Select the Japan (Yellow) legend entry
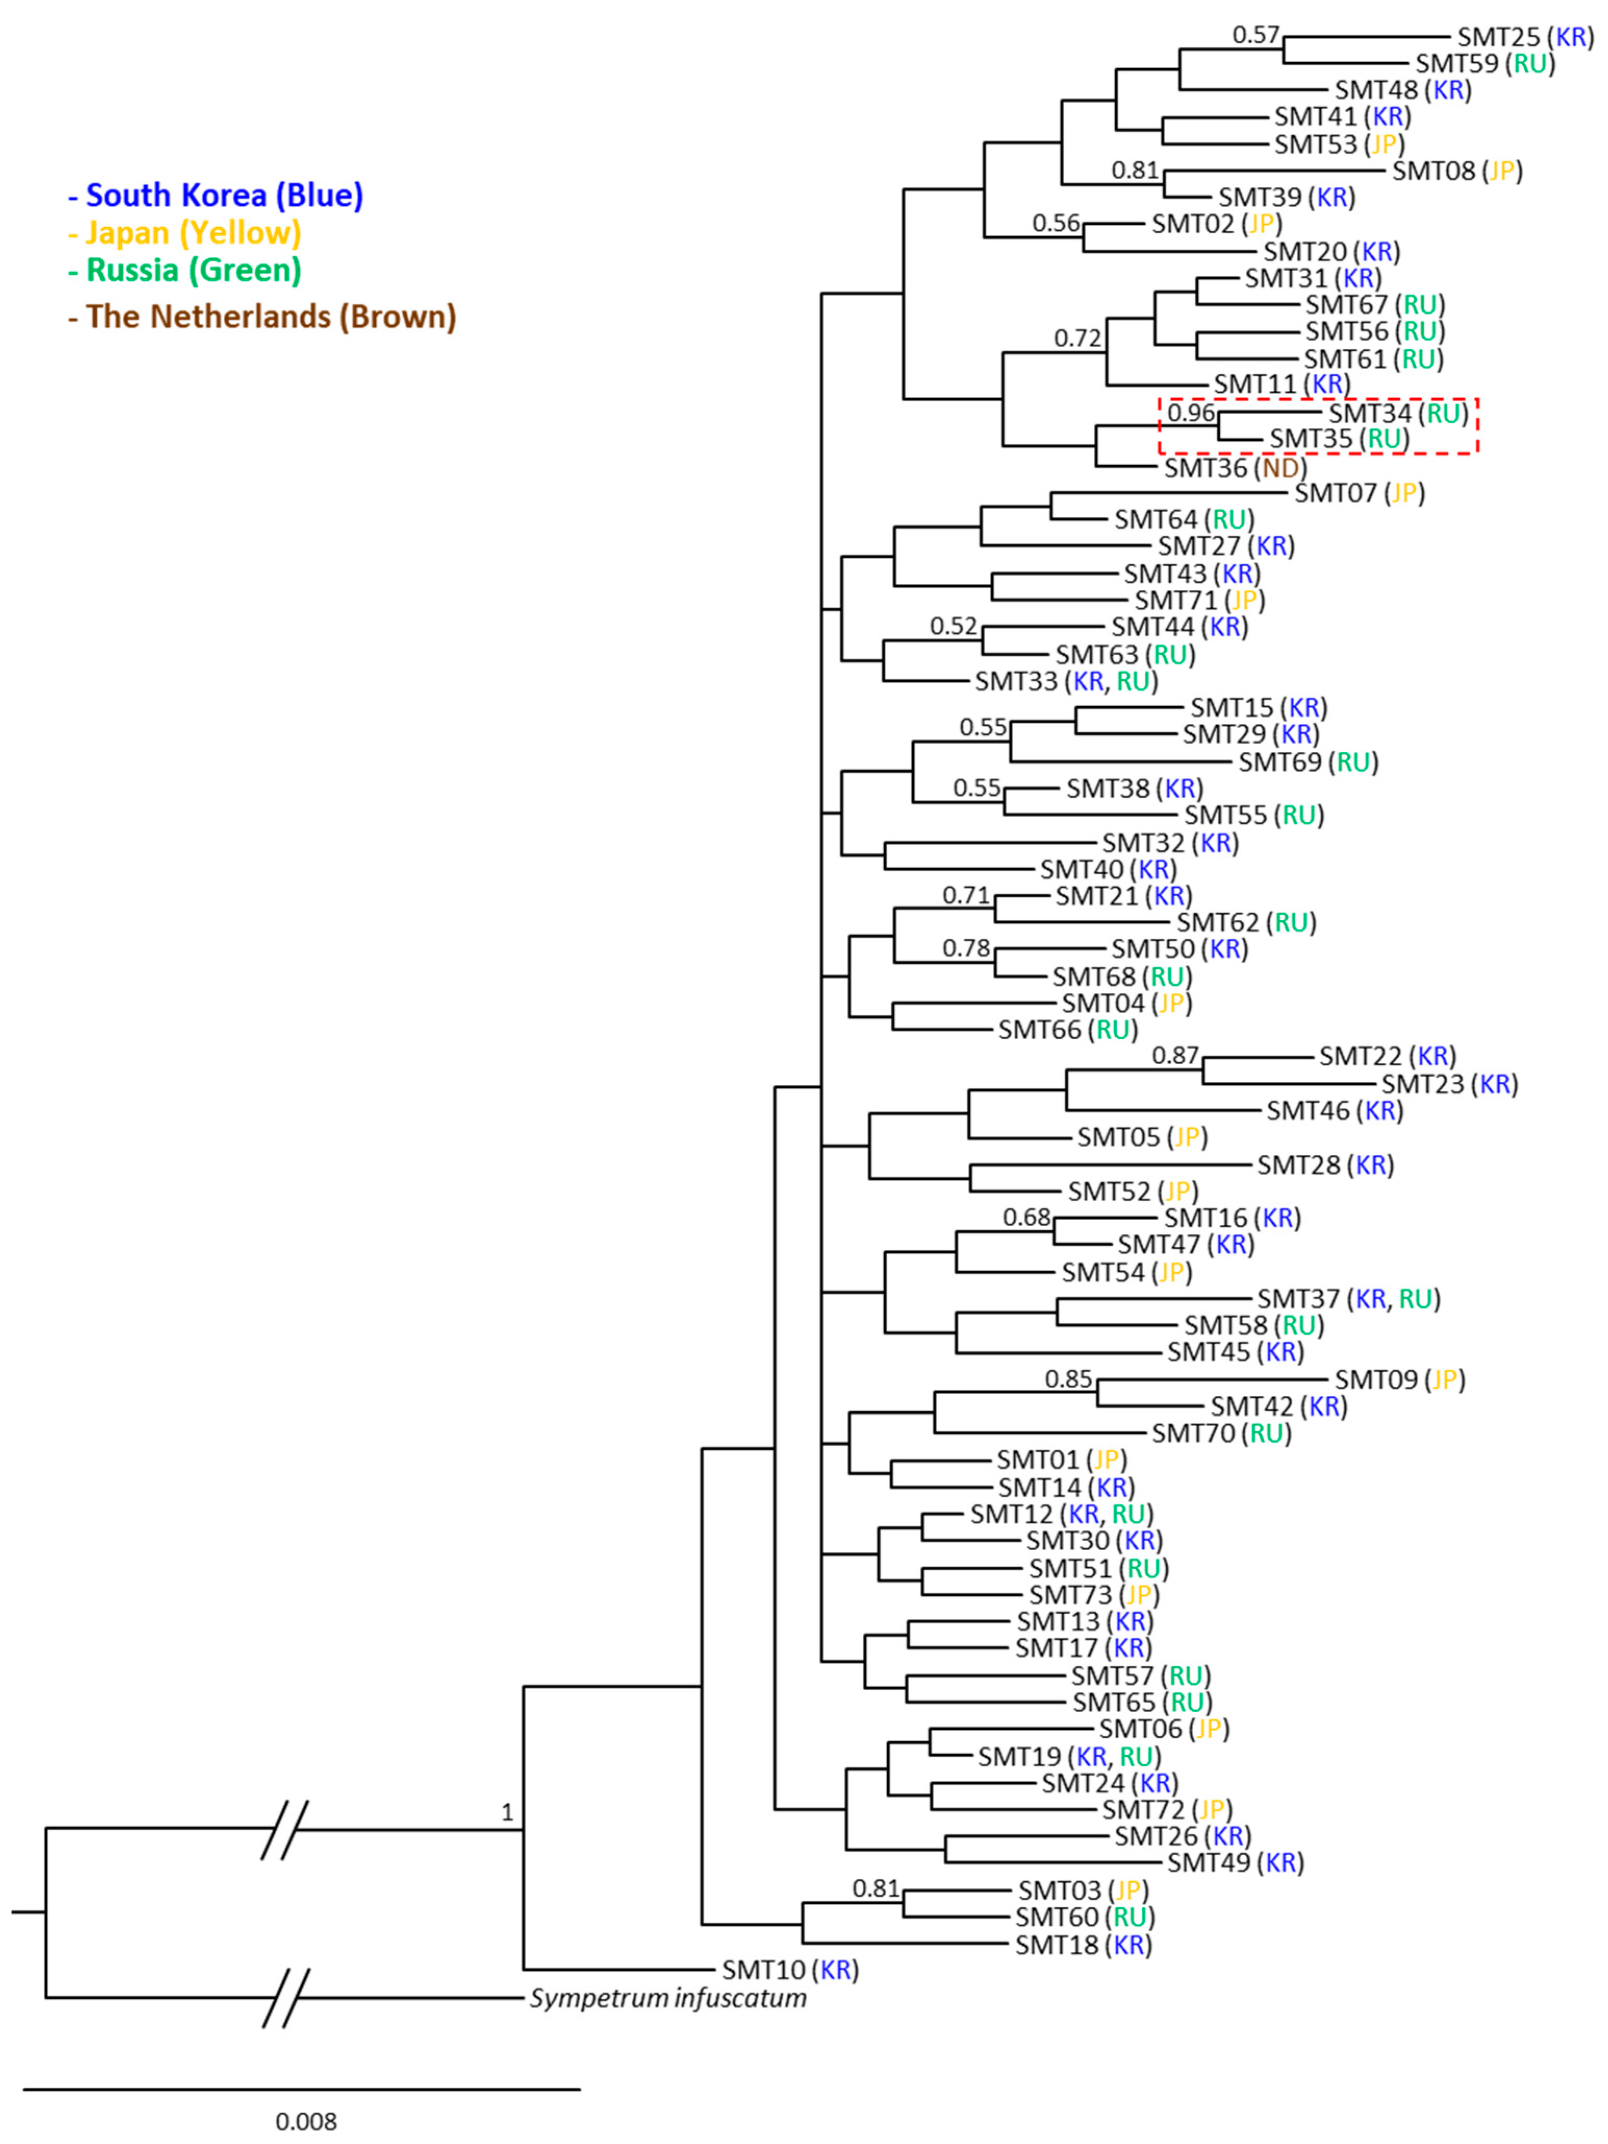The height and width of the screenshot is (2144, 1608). point(184,233)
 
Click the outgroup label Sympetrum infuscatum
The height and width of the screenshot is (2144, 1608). point(668,1998)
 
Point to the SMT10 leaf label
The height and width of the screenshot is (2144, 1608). point(790,1970)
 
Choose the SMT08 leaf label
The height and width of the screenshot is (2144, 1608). point(1457,171)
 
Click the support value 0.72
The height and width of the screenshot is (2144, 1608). point(1078,338)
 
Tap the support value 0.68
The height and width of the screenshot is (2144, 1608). point(1026,1217)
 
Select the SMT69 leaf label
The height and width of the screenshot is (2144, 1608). point(1308,762)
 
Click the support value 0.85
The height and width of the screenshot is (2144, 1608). point(1068,1379)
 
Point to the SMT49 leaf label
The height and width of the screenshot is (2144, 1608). point(1235,1862)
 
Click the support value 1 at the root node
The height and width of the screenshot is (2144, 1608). point(507,1811)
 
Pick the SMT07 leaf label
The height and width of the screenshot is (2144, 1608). point(1359,492)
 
